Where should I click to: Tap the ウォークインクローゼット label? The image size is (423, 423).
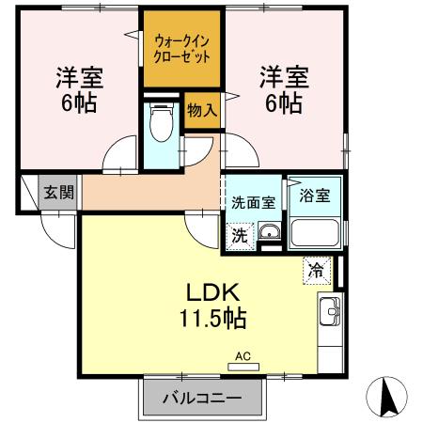pyautogui.click(x=181, y=48)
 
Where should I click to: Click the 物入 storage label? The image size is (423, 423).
pyautogui.click(x=201, y=111)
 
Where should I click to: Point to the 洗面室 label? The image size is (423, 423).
pyautogui.click(x=253, y=200)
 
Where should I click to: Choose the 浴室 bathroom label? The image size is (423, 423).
pyautogui.click(x=314, y=196)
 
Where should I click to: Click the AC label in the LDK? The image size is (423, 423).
pyautogui.click(x=243, y=356)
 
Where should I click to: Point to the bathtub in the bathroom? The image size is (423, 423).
pyautogui.click(x=314, y=232)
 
